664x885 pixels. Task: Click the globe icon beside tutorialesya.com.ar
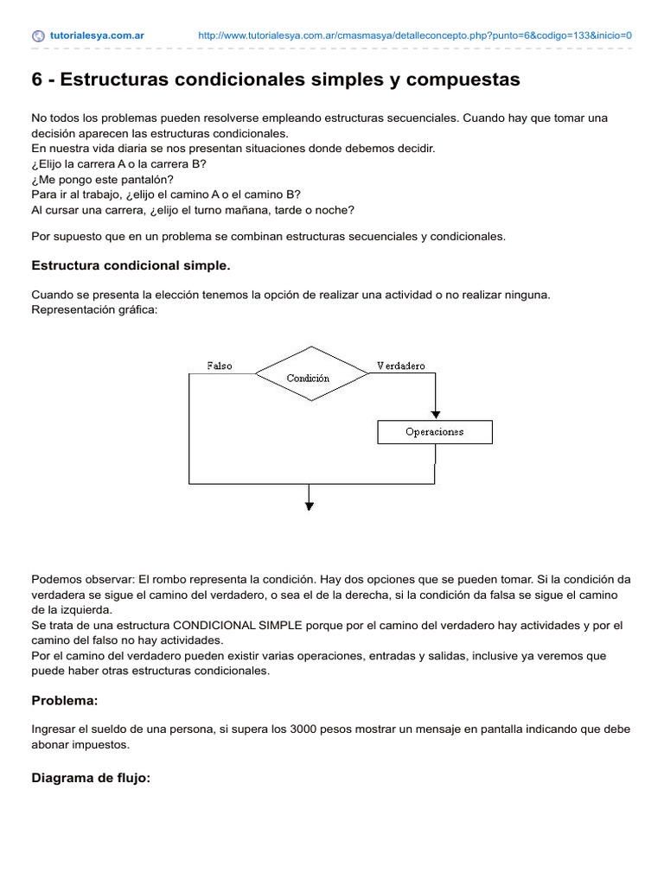pyautogui.click(x=38, y=35)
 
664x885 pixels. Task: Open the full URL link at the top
pyautogui.click(x=415, y=35)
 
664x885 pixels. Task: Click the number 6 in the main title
pyautogui.click(x=37, y=80)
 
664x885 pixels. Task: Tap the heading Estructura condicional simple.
pyautogui.click(x=131, y=264)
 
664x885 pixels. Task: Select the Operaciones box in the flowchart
pyautogui.click(x=434, y=431)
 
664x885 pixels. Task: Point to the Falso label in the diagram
pyautogui.click(x=220, y=366)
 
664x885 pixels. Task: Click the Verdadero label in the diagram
pyautogui.click(x=401, y=366)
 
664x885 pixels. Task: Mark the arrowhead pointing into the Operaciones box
pyautogui.click(x=435, y=414)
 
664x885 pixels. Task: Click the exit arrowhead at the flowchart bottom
pyautogui.click(x=309, y=506)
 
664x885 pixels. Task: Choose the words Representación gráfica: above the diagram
pyautogui.click(x=95, y=309)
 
